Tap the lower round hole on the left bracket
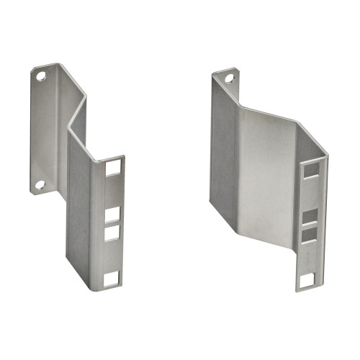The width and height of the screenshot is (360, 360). [40, 184]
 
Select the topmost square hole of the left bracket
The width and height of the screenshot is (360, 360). [113, 168]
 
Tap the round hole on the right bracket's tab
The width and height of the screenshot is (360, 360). [230, 78]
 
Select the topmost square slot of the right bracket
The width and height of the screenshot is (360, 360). [312, 170]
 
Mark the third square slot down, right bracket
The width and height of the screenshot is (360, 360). [308, 234]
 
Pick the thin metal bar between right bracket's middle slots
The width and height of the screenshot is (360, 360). [309, 225]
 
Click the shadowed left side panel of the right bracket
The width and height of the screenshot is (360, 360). [224, 144]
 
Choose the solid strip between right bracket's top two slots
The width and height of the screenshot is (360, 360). [310, 194]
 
